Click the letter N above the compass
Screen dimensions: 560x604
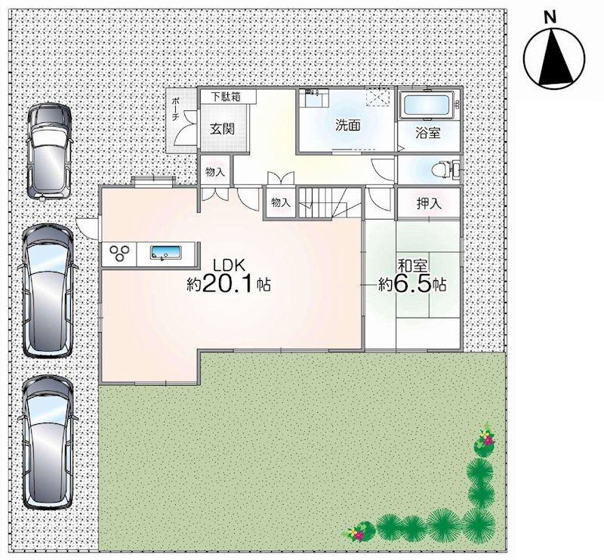pos(551,15)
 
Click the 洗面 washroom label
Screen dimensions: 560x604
pos(347,126)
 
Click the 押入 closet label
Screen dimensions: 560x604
pos(428,203)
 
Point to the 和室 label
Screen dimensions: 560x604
pos(411,265)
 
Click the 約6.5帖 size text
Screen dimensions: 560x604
pos(411,285)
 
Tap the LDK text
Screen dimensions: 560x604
pos(229,266)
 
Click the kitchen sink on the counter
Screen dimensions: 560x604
pos(165,254)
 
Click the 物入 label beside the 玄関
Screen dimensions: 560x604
pos(215,172)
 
